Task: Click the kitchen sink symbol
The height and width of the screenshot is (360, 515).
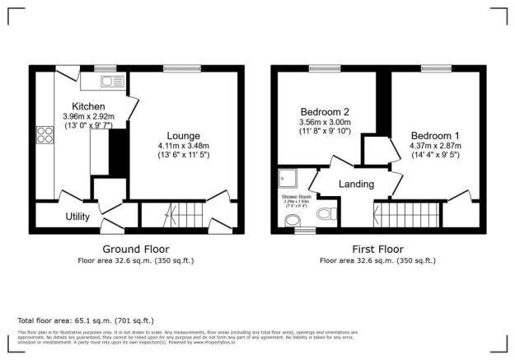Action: tap(110, 81)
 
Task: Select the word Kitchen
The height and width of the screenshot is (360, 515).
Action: tap(87, 107)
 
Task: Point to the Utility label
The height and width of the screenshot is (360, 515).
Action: tap(78, 217)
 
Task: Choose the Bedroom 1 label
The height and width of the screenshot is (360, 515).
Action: tap(436, 135)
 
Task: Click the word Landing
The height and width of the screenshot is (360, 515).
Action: tap(356, 184)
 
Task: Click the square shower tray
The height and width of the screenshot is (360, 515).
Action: tap(288, 177)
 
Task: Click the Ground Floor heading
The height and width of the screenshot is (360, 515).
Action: tap(136, 248)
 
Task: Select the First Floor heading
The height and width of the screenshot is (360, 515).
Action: tap(378, 248)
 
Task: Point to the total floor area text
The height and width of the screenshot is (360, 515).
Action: tap(86, 320)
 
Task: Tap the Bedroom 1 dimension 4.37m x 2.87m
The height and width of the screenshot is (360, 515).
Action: tap(436, 146)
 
